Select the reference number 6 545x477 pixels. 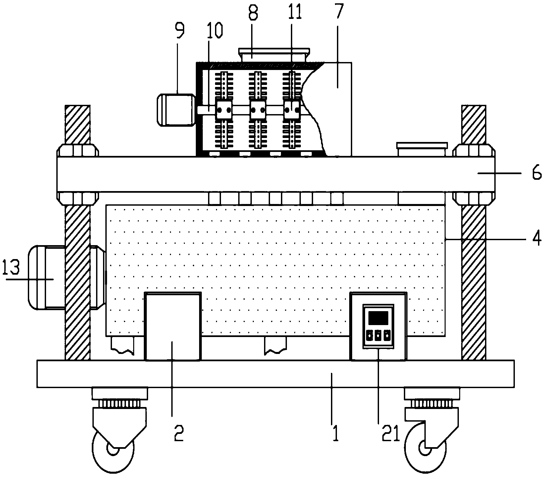[x=537, y=173]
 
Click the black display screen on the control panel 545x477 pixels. [x=378, y=318]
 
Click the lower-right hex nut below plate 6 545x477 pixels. [x=474, y=198]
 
